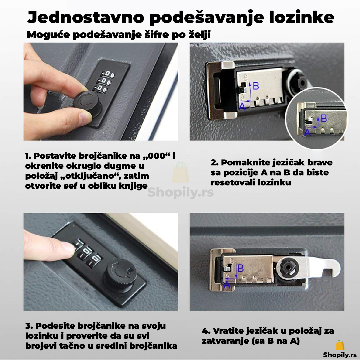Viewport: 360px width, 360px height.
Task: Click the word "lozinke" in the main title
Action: click(x=301, y=17)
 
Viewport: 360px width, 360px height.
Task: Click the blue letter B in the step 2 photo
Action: click(x=256, y=86)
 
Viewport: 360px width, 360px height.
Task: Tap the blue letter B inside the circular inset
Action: click(x=324, y=118)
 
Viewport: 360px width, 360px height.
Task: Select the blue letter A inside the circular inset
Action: click(x=307, y=133)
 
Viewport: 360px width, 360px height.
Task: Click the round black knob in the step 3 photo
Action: click(x=120, y=276)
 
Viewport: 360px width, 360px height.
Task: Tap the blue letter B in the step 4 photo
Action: click(x=240, y=268)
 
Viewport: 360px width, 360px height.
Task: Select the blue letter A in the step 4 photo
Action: click(x=227, y=285)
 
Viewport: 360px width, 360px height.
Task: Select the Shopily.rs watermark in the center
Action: click(x=180, y=192)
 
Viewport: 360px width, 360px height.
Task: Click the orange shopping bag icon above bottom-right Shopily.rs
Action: click(x=340, y=345)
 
